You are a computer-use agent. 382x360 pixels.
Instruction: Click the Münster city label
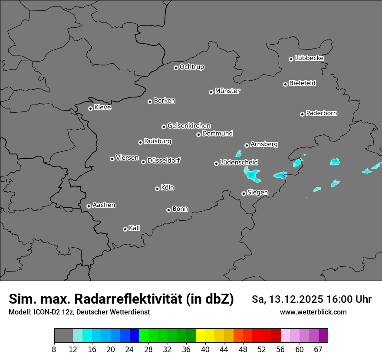pyautogui.click(x=227, y=91)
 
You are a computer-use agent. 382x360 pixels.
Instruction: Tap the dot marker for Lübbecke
pyautogui.click(x=291, y=59)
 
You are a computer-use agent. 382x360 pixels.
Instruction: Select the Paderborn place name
pyautogui.click(x=321, y=113)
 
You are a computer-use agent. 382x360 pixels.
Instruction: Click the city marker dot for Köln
pyautogui.click(x=157, y=189)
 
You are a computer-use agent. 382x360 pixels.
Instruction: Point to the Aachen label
pyautogui.click(x=104, y=205)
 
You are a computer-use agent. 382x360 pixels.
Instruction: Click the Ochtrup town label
pyautogui.click(x=191, y=67)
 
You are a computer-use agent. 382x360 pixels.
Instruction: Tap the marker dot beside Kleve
pyautogui.click(x=90, y=108)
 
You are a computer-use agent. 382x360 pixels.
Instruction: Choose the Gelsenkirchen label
pyautogui.click(x=189, y=126)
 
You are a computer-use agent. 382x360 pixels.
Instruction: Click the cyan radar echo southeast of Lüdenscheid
pyautogui.click(x=252, y=175)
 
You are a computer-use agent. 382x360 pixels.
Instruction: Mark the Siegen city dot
pyautogui.click(x=244, y=193)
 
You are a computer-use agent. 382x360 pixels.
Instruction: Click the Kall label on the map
pyautogui.click(x=134, y=228)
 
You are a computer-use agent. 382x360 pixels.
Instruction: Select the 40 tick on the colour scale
pyautogui.click(x=205, y=350)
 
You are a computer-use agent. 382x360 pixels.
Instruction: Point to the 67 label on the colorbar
pyautogui.click(x=319, y=350)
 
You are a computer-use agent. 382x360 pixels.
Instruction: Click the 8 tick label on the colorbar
pyautogui.click(x=54, y=350)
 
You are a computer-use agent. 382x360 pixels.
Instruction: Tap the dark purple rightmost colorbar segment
pyautogui.click(x=323, y=336)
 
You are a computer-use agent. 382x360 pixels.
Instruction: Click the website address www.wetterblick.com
pyautogui.click(x=313, y=312)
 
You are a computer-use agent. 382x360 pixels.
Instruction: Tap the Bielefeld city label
pyautogui.click(x=302, y=83)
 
